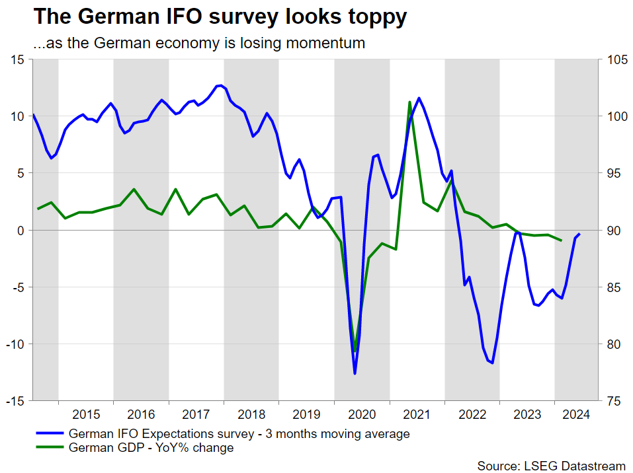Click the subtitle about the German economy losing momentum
198,44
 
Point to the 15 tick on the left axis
18,59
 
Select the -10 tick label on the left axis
15,344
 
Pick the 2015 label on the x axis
86,415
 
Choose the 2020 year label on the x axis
362,415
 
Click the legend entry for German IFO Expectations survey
239,434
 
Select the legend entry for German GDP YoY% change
151,448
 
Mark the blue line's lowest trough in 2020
355,374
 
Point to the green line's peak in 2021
410,102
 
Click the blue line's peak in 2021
419,98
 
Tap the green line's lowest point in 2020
355,350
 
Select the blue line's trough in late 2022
493,363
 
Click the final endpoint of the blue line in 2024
580,234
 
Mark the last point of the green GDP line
562,240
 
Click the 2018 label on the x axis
251,415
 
